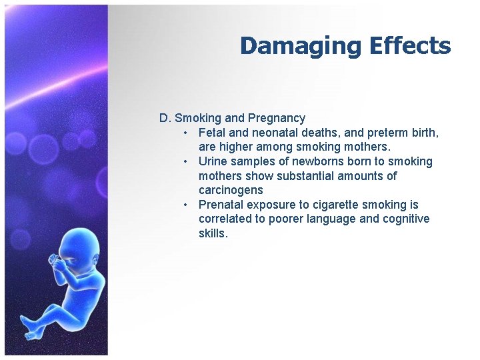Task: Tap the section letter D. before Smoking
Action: (x=165, y=118)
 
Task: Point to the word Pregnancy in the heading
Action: (x=277, y=118)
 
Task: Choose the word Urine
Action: (x=213, y=161)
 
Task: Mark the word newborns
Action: (x=308, y=161)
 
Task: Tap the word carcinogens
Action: (x=231, y=190)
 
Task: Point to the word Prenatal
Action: (x=221, y=205)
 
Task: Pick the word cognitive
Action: (x=403, y=219)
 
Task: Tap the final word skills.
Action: (x=213, y=233)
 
